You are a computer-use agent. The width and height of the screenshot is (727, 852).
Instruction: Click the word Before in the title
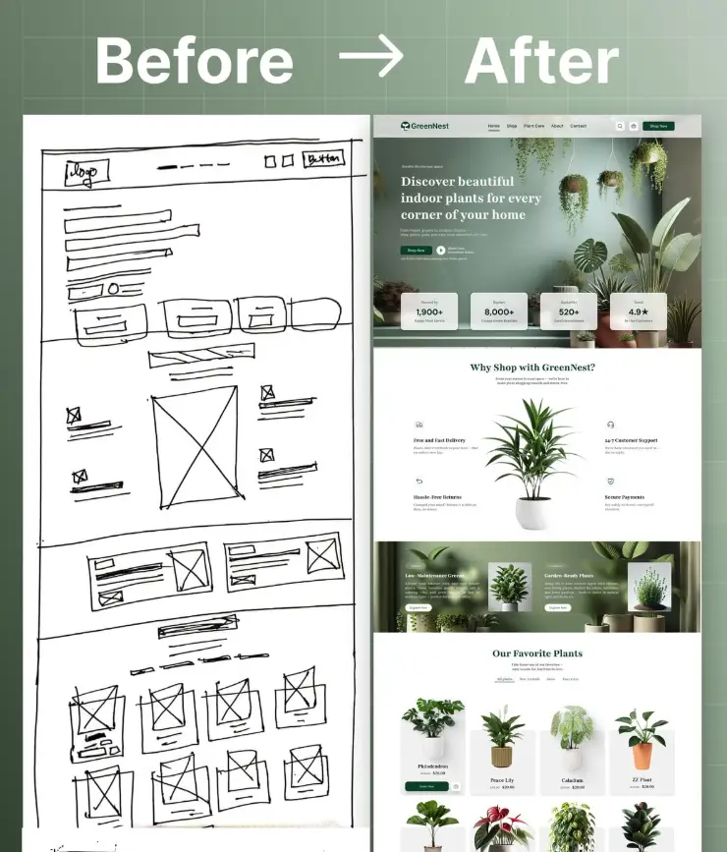tap(194, 61)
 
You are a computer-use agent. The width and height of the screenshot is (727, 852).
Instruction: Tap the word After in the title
tap(541, 61)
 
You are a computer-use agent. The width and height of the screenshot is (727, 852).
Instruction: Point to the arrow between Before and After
tap(370, 60)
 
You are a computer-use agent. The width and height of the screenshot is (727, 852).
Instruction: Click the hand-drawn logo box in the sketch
tap(86, 173)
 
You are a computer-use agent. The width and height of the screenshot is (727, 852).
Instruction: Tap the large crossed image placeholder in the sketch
tap(194, 446)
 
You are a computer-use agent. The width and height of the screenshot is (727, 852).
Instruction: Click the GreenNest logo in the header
tap(424, 126)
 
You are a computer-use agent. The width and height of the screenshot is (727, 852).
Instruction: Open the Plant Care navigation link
tap(533, 126)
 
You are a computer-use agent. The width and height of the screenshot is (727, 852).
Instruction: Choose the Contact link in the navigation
tap(579, 126)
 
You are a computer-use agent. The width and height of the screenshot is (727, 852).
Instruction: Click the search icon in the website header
tap(620, 126)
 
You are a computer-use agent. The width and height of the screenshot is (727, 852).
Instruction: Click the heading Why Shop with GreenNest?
tap(532, 368)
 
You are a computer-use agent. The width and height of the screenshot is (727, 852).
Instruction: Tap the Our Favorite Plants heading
tap(537, 653)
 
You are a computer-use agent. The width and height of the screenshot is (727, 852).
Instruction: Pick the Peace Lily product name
tap(503, 780)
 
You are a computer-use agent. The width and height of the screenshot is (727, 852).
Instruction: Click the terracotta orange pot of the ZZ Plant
tap(642, 756)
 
